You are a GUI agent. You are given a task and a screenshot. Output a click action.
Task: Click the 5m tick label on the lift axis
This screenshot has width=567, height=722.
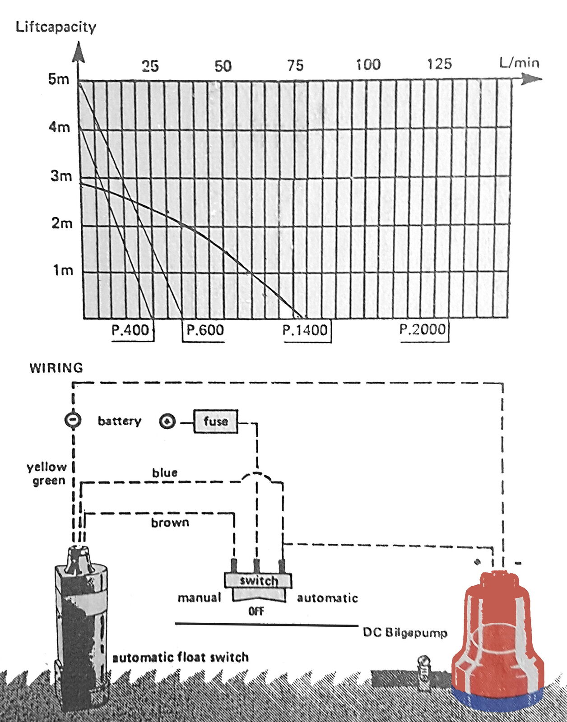(59, 79)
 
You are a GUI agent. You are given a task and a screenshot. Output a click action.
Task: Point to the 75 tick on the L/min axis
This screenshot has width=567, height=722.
(295, 66)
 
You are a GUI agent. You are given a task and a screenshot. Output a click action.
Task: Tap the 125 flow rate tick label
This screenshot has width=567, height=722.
(439, 64)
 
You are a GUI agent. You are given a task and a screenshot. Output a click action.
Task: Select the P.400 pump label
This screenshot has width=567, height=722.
(130, 330)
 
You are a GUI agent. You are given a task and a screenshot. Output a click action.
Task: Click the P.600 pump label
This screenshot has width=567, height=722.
(205, 330)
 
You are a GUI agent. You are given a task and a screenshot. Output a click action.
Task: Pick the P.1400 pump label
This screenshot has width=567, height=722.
(305, 330)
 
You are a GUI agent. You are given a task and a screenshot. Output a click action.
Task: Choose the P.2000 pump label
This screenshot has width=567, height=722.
(423, 329)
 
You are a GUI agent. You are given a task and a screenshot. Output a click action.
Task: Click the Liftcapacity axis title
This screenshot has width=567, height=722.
(56, 27)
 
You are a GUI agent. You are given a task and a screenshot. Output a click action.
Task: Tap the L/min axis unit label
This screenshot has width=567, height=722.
(519, 62)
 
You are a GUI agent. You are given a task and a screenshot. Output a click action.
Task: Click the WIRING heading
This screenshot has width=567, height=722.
(56, 368)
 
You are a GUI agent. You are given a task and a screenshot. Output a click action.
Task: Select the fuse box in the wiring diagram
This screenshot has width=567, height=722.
(216, 421)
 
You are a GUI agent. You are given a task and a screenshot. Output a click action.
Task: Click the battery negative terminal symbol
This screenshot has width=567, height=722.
(73, 420)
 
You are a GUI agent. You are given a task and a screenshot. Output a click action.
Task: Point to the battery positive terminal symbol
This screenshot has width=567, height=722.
(167, 421)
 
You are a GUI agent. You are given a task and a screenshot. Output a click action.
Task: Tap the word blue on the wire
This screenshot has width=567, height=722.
(165, 472)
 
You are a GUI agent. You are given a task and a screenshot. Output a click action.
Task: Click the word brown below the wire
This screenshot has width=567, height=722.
(170, 523)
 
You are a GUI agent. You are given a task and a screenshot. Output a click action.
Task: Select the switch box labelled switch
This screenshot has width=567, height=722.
(258, 580)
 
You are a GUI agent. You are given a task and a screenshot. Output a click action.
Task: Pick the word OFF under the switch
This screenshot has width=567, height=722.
(256, 611)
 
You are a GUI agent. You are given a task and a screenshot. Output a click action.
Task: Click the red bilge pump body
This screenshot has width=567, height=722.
(497, 632)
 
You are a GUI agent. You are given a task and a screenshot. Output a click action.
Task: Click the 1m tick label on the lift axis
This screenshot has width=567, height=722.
(63, 270)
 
